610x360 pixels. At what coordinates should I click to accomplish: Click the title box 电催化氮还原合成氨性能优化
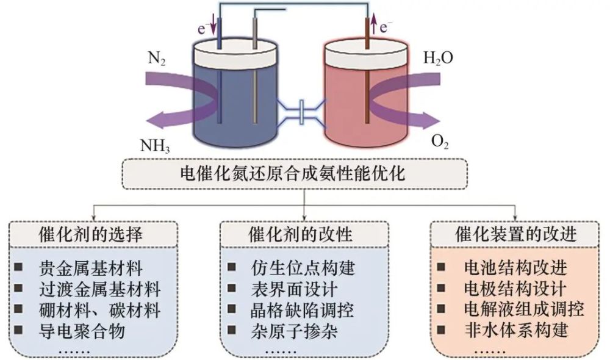(303, 175)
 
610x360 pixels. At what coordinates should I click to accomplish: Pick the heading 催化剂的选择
(91, 234)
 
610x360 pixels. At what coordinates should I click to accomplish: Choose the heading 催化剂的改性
(303, 234)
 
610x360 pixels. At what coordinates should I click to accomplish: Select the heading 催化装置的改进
(516, 234)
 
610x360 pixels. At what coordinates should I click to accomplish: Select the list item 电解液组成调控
(524, 309)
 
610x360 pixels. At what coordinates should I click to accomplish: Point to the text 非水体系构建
(516, 331)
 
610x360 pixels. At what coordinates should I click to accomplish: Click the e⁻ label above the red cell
(387, 26)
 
